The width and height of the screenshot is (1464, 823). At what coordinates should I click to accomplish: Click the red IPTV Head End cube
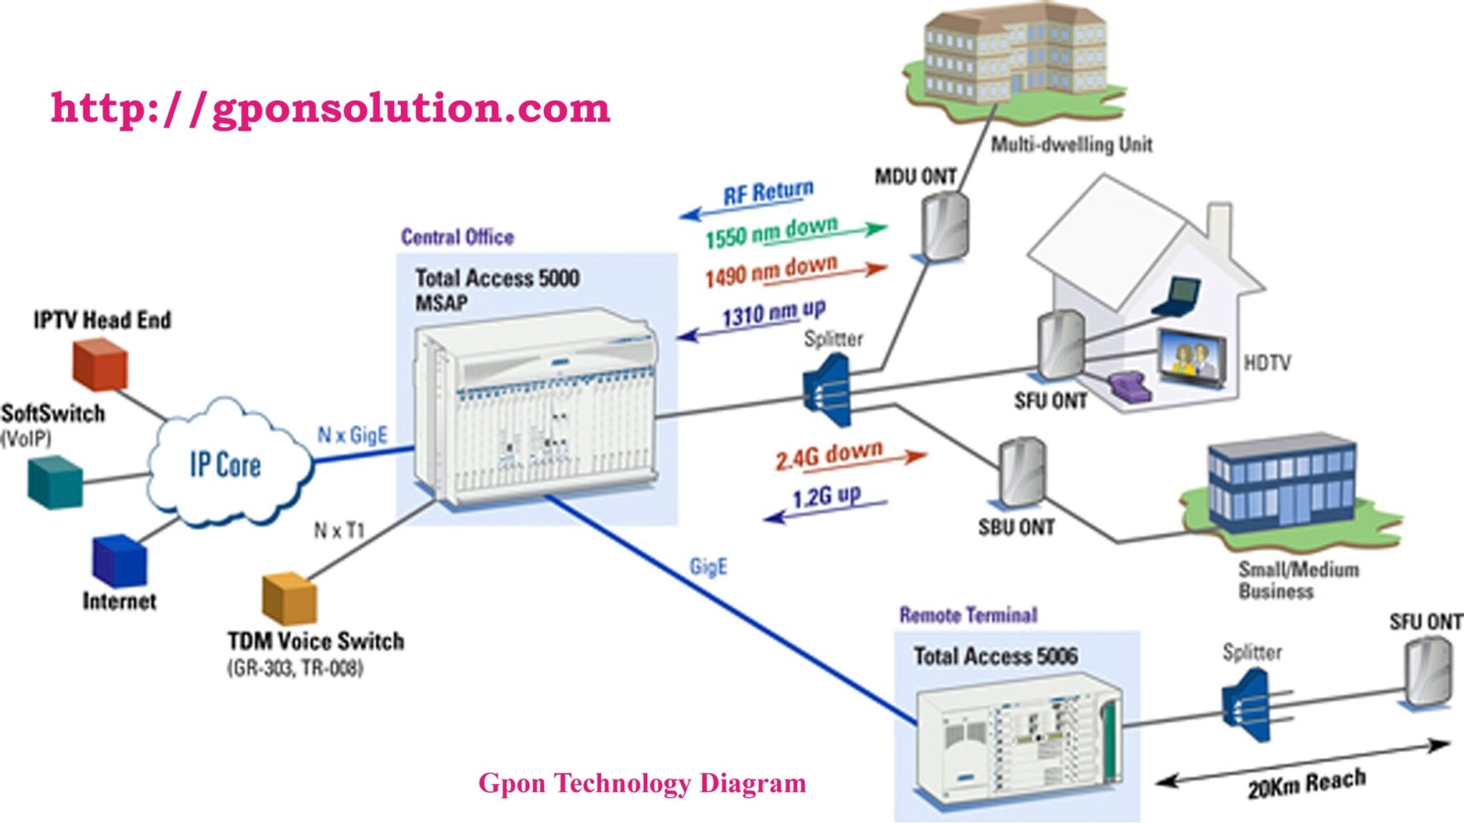point(101,365)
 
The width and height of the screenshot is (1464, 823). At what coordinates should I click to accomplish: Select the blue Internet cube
point(119,562)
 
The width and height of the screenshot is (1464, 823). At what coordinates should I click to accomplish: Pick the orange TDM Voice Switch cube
point(289,597)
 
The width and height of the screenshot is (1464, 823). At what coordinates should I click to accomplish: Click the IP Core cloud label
point(225,465)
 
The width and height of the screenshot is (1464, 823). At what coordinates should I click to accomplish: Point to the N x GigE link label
point(352,435)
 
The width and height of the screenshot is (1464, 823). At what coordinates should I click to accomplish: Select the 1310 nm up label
point(773,314)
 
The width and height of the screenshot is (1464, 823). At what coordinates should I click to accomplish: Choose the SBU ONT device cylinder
point(1022,472)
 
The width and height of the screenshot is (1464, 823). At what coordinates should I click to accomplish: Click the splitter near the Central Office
point(828,390)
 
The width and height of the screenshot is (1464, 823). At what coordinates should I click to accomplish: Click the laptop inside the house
point(1178,296)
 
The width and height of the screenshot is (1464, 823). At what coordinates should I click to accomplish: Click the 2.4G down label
point(829,455)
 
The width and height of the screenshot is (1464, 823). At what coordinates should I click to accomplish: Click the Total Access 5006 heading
point(995,656)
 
